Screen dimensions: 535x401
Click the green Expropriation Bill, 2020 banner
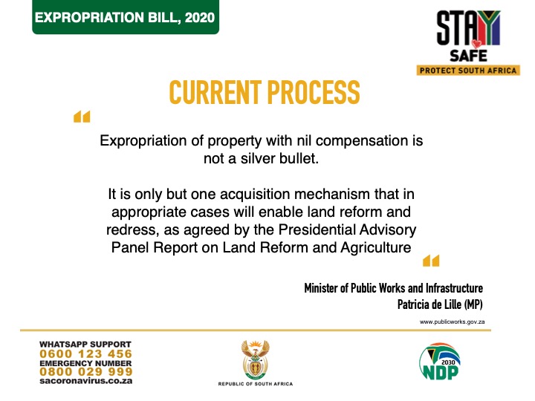[x=126, y=17]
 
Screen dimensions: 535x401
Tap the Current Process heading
[x=265, y=92]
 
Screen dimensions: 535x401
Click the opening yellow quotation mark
[x=82, y=117]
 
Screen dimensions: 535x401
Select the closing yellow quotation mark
[x=431, y=261]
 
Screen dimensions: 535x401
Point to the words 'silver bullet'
[x=279, y=159]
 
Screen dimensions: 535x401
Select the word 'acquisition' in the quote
[x=255, y=195]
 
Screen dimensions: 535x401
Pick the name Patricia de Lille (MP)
[x=440, y=304]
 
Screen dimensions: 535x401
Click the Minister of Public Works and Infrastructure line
[x=393, y=288]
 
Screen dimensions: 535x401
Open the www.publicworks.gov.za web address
[x=452, y=322]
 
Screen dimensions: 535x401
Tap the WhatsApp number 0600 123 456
[x=85, y=354]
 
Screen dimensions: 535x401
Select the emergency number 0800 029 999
[x=85, y=372]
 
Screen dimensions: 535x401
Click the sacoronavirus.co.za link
[x=85, y=381]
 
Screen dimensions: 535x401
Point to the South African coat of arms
[x=255, y=360]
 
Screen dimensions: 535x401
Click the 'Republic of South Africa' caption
[x=256, y=384]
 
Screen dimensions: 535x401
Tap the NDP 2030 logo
[x=440, y=362]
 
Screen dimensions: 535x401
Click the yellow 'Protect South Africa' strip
[x=468, y=71]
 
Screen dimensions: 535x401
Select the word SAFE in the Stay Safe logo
[x=468, y=56]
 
